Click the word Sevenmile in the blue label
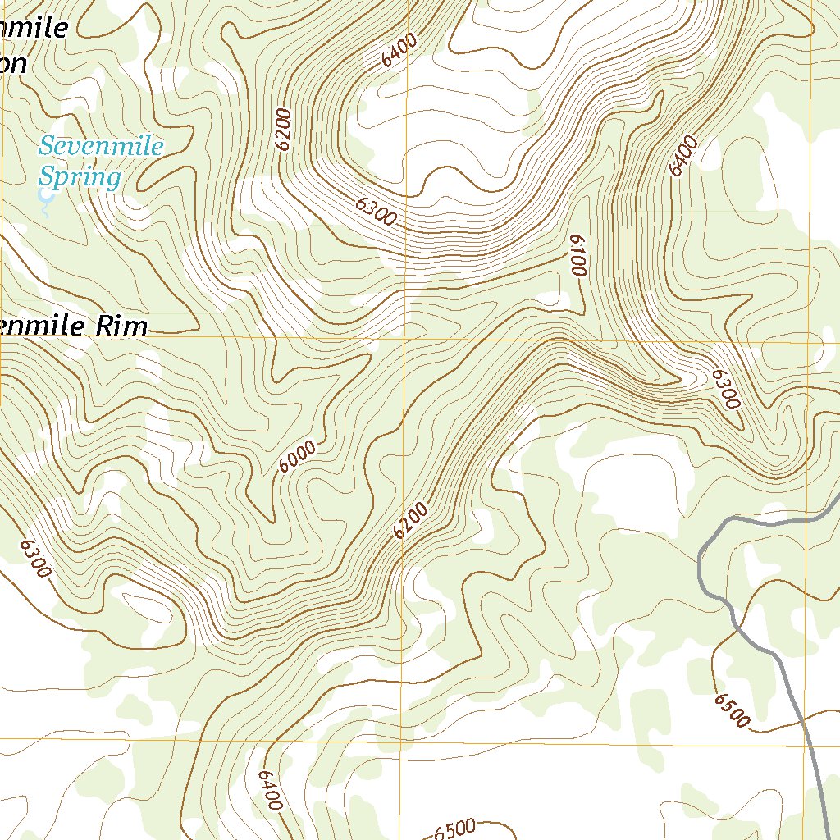click(x=101, y=148)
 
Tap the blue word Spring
click(x=80, y=177)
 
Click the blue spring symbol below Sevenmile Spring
click(x=43, y=195)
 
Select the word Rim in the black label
click(x=121, y=326)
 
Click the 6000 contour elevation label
click(x=297, y=457)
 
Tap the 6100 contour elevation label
click(x=577, y=254)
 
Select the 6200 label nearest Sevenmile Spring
click(x=284, y=130)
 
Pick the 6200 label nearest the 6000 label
click(x=411, y=521)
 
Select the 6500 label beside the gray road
click(x=732, y=710)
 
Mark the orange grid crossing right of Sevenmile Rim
click(x=402, y=337)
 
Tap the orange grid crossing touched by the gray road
click(x=809, y=746)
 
